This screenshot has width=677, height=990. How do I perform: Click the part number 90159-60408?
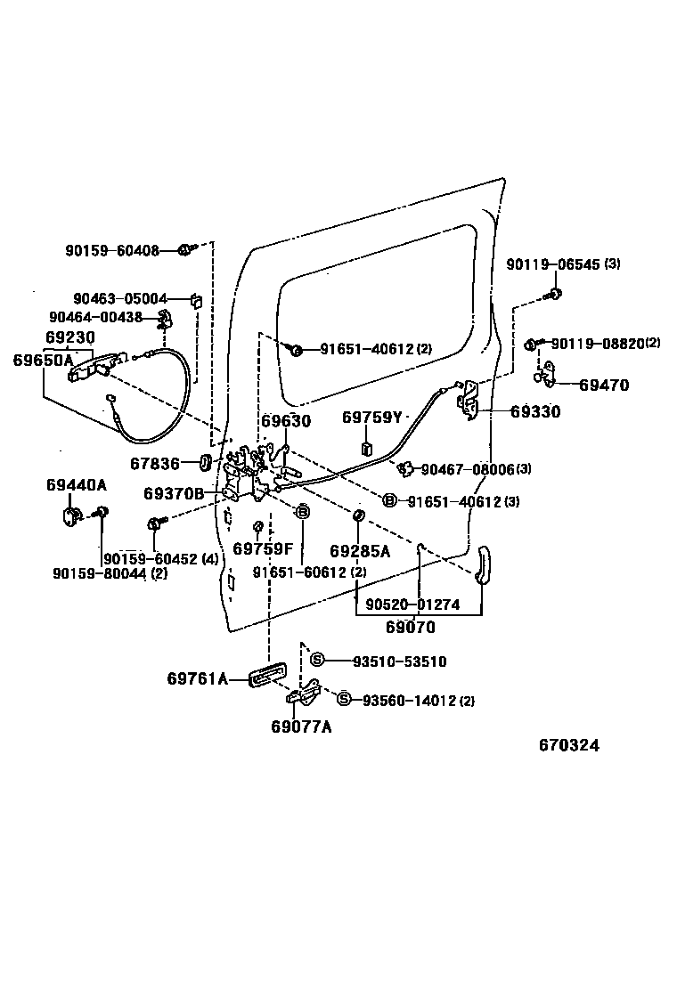[111, 251]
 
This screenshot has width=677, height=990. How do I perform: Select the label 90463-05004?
[120, 300]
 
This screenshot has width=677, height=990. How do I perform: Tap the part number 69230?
[69, 339]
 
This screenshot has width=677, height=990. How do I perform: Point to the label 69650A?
[43, 360]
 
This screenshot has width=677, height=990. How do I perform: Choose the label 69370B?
[174, 493]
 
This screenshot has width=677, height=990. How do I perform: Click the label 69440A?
[76, 484]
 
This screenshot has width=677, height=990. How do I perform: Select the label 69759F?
[263, 548]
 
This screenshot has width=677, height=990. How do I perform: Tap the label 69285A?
[360, 551]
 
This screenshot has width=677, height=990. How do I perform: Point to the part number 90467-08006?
[468, 469]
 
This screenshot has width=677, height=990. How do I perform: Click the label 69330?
[535, 412]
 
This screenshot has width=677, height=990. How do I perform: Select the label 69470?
[603, 385]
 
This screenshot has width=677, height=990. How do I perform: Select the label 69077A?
[301, 726]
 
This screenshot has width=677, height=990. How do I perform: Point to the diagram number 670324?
[568, 745]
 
